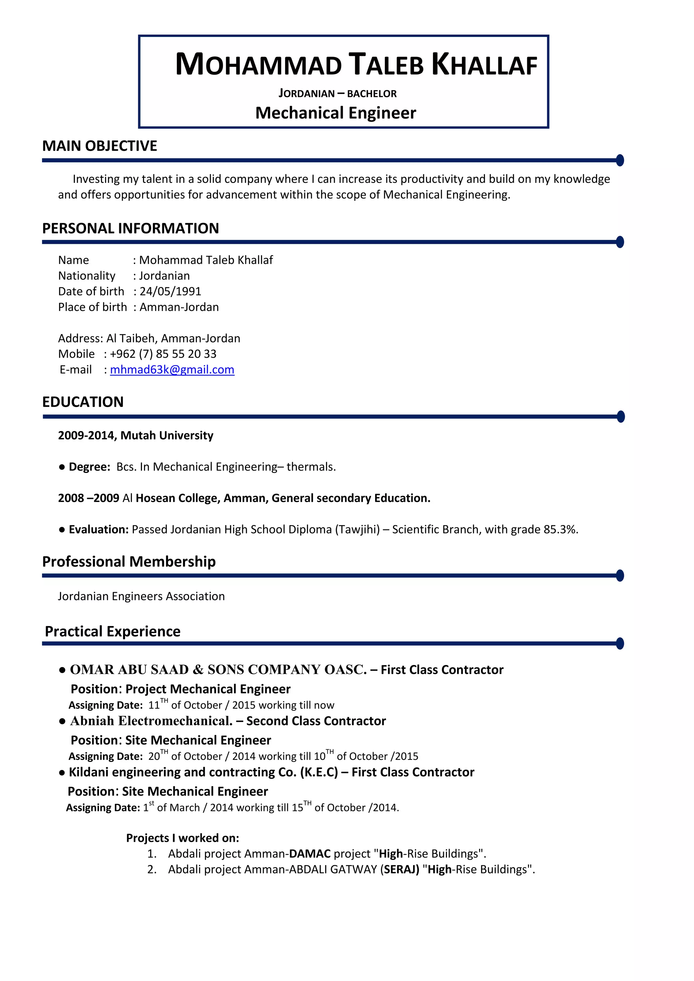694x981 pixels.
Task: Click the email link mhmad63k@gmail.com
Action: [x=172, y=370]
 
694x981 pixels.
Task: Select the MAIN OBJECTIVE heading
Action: [x=100, y=146]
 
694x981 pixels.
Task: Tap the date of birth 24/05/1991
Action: [x=170, y=291]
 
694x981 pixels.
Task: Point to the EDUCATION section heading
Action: [x=83, y=402]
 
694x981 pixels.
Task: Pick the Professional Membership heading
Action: [x=129, y=561]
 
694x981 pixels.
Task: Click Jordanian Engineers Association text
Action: [x=141, y=597]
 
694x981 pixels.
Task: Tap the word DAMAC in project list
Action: [x=310, y=854]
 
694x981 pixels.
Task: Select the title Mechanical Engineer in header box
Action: [x=335, y=113]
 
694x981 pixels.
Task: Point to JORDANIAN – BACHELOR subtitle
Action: [x=338, y=93]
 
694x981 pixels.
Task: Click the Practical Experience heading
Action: [x=113, y=631]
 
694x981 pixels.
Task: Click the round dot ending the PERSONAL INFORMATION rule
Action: [x=620, y=242]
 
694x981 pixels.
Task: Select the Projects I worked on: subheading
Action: [x=182, y=838]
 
